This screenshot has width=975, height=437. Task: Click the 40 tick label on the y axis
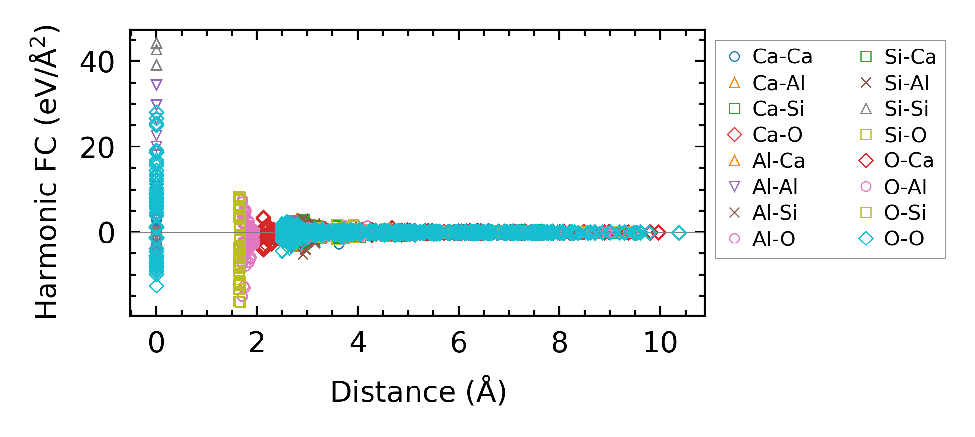pyautogui.click(x=97, y=63)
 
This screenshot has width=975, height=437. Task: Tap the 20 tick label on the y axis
pyautogui.click(x=97, y=148)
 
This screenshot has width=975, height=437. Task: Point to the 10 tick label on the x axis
pyautogui.click(x=660, y=342)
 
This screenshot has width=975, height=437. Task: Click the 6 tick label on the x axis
pyautogui.click(x=459, y=342)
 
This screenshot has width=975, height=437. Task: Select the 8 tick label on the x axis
pyautogui.click(x=559, y=342)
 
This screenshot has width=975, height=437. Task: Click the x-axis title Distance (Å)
pyautogui.click(x=418, y=392)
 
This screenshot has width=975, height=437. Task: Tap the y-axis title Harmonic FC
pyautogui.click(x=47, y=172)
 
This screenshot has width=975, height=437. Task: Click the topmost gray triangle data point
pyautogui.click(x=156, y=44)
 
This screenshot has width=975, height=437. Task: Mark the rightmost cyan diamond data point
pyautogui.click(x=679, y=232)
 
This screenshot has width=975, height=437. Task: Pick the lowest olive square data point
pyautogui.click(x=240, y=301)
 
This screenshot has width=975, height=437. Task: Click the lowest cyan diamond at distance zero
pyautogui.click(x=156, y=286)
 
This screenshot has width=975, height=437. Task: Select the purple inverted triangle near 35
pyautogui.click(x=156, y=85)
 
